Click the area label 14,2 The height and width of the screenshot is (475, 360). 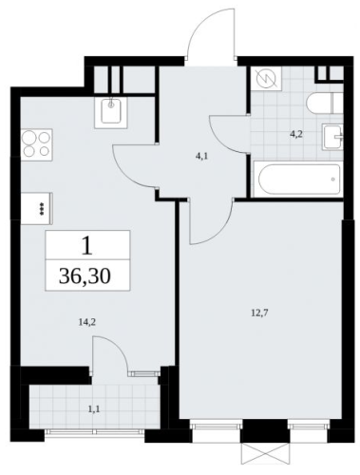click(86, 322)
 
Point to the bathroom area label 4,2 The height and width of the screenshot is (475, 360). click(296, 134)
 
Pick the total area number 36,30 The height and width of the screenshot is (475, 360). click(85, 275)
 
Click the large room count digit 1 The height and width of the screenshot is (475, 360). click(86, 246)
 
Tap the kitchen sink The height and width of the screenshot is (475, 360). click(111, 112)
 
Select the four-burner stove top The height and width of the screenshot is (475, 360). click(37, 145)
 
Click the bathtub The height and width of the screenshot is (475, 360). click(299, 180)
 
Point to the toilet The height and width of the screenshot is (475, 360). click(325, 103)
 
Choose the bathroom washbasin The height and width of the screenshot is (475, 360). click(332, 137)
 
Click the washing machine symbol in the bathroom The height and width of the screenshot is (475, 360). click(266, 79)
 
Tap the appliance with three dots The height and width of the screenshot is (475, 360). click(37, 209)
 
